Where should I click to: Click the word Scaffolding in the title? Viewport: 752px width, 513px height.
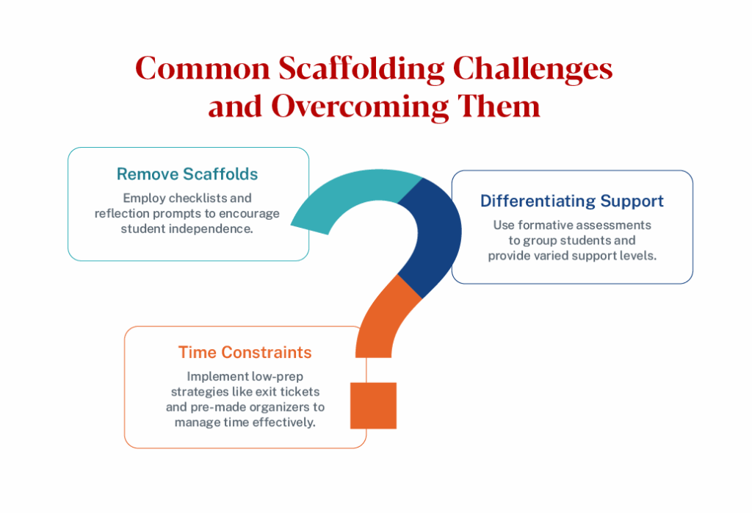click(x=360, y=69)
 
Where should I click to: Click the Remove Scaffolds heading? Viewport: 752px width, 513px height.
click(x=187, y=174)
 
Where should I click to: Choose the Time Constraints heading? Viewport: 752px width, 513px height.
click(x=245, y=352)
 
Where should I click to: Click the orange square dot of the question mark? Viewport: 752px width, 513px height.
click(x=373, y=406)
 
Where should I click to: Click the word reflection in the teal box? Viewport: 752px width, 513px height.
click(x=123, y=213)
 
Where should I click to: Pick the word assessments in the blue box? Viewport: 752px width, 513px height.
click(x=615, y=225)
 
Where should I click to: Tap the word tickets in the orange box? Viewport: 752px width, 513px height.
click(x=298, y=392)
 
